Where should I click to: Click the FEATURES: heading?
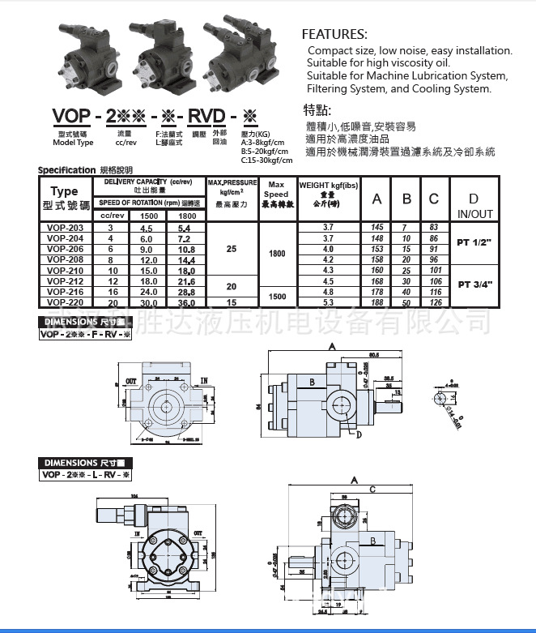click(334, 34)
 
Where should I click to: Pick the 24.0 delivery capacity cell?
click(149, 292)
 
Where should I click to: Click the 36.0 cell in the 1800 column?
click(186, 302)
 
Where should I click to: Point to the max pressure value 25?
click(232, 249)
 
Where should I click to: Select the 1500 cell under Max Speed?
click(277, 297)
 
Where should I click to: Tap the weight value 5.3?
click(328, 302)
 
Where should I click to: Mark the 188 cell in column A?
click(377, 302)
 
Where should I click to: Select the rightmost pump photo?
click(240, 57)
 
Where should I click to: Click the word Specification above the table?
click(67, 170)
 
